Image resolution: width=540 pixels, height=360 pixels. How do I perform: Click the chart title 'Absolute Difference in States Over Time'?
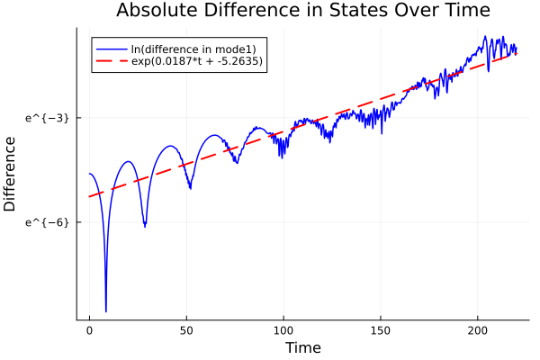[302, 11]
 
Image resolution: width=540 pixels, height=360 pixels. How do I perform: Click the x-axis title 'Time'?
[302, 347]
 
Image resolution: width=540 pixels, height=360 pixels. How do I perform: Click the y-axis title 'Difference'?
[10, 173]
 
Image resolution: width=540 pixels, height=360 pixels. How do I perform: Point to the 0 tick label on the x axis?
[89, 330]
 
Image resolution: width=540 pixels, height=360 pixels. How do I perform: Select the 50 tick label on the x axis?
[186, 330]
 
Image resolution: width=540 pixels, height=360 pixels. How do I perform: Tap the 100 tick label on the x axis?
[283, 330]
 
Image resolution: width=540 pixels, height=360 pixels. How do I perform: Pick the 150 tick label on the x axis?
[381, 330]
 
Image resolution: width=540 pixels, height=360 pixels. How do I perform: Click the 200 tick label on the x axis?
[478, 330]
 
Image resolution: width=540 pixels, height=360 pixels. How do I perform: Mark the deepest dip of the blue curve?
[106, 311]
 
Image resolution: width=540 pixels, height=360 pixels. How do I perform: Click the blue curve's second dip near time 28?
[144, 225]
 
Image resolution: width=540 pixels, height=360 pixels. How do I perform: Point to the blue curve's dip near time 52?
[190, 188]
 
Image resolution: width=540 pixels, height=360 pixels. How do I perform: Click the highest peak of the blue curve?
[485, 37]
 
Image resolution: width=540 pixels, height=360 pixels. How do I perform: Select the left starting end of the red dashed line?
[89, 196]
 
